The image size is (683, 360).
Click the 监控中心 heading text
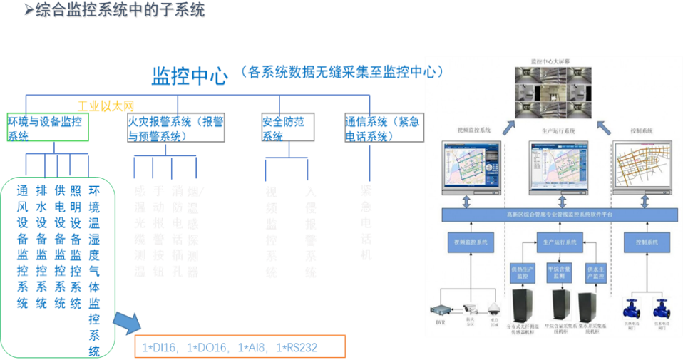190,75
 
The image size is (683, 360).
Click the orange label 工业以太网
106,106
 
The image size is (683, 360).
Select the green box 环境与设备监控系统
47,128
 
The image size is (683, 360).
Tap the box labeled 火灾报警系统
176,128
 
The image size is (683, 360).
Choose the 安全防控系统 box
287,128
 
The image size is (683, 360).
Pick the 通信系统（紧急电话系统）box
383,128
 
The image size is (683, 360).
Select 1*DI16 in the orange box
159,348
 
